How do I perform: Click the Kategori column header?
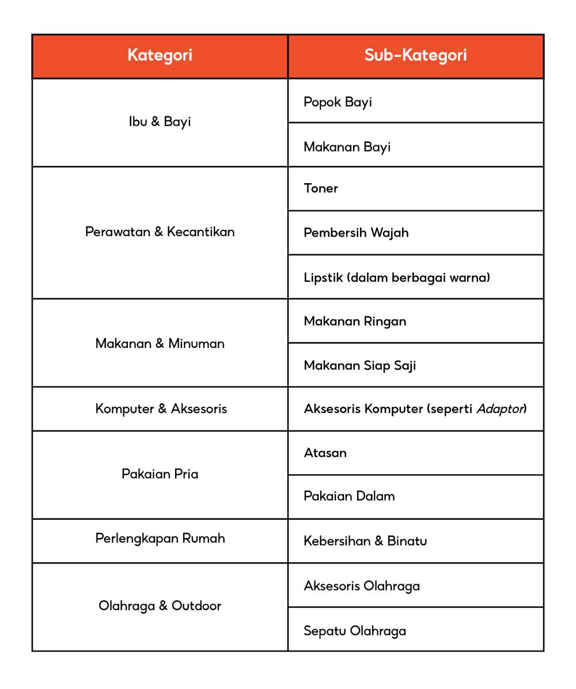(160, 55)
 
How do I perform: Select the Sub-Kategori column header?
(415, 55)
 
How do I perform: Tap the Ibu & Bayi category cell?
(160, 122)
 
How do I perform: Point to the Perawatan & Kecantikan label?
(160, 232)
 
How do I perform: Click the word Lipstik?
(323, 278)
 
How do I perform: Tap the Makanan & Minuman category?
(160, 343)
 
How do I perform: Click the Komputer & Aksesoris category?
(161, 409)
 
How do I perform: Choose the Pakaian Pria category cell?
(160, 474)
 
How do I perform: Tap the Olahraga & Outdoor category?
(160, 606)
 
